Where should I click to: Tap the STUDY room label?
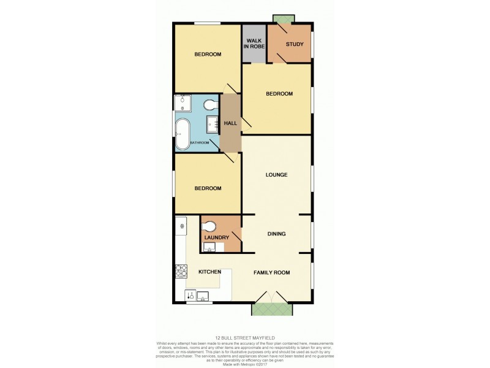pos(294,44)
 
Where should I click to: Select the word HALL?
pos(230,123)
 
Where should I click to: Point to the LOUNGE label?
pos(276,175)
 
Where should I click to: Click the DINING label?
pos(276,234)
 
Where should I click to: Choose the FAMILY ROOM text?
pos(271,272)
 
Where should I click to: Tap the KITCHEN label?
pos(209,272)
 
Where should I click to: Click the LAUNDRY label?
pos(217,237)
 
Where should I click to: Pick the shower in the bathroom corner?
pos(183,102)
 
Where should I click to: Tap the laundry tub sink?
pos(209,248)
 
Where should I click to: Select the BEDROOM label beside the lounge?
pos(208,188)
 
